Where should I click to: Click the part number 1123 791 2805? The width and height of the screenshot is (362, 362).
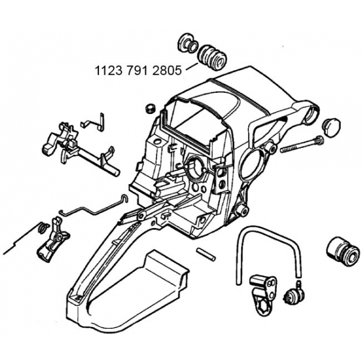138,71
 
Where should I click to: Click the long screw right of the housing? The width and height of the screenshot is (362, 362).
300,145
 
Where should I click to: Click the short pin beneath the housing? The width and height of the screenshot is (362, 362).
205,253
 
